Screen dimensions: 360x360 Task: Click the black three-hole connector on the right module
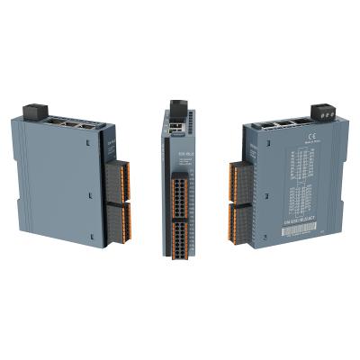point(322,112)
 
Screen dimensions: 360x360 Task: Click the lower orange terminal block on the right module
point(237,221)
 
